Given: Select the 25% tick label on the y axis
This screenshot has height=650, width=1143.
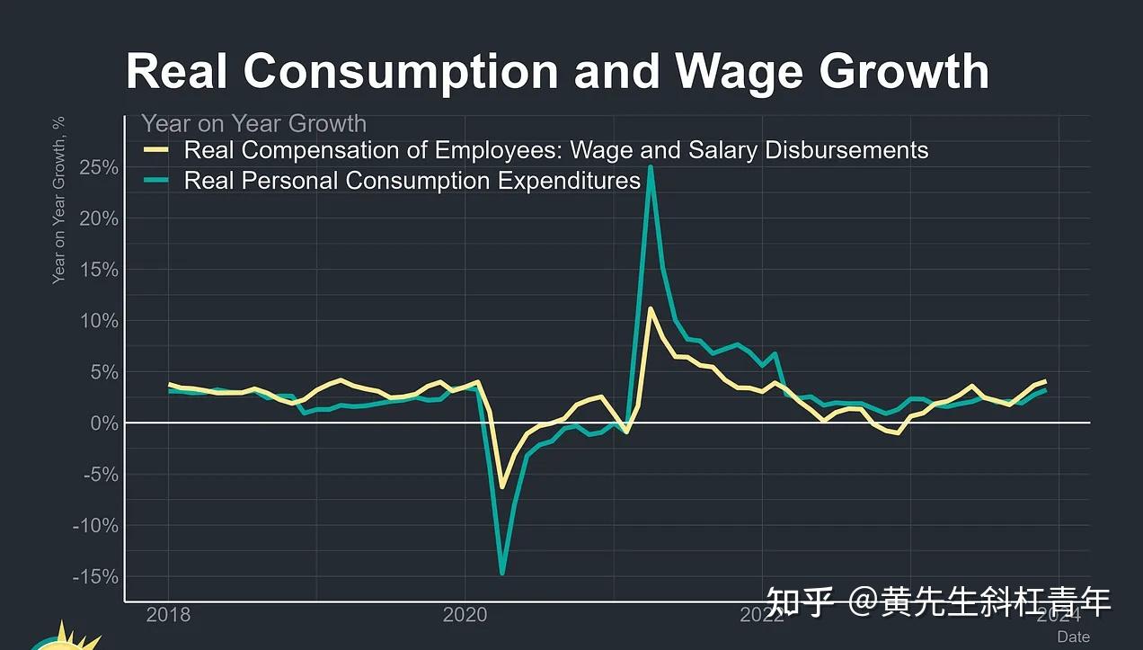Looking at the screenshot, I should pos(98,168).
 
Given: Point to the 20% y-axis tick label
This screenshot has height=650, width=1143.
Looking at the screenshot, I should pos(98,218).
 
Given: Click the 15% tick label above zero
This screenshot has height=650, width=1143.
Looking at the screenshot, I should pos(98,270).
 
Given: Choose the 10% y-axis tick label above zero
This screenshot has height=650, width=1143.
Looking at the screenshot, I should pos(98,321).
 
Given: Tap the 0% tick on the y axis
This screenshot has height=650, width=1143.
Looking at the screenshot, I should pos(103,423).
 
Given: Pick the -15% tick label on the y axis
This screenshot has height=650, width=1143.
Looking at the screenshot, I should pos(94,576).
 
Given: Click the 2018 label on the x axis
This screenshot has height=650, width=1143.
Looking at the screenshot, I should pos(168,616).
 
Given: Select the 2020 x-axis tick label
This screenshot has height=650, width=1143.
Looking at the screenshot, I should pos(465,616).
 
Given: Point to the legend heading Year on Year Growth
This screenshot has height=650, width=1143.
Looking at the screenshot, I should pos(253,124).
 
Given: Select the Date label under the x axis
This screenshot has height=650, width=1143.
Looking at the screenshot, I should pos(1073,637).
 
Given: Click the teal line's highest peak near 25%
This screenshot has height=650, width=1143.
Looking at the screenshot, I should pos(650,167).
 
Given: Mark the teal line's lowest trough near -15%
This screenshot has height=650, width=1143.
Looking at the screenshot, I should pos(501,573).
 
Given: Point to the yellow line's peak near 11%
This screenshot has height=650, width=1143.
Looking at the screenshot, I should pos(650,308).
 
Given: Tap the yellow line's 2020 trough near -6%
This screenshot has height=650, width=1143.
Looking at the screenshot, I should pos(501,487).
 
